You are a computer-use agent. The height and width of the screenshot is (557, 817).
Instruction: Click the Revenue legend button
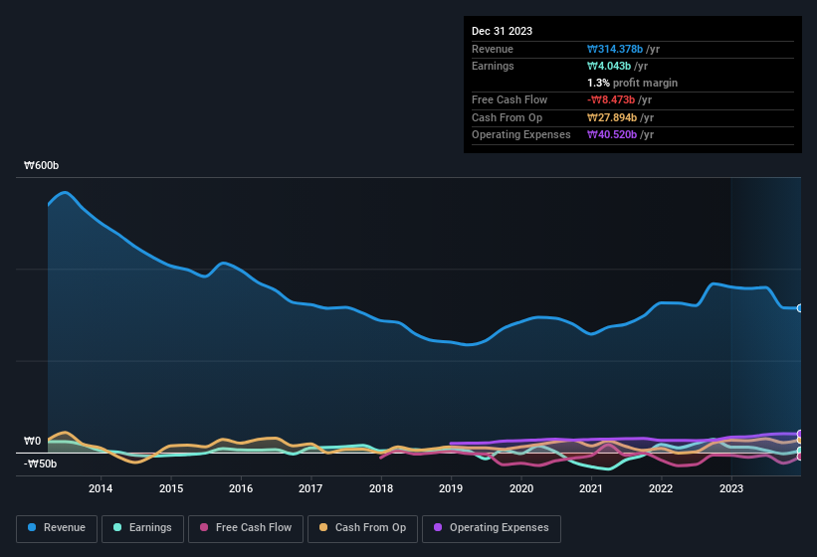click(x=56, y=528)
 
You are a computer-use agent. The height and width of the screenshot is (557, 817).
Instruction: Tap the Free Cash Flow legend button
click(x=246, y=528)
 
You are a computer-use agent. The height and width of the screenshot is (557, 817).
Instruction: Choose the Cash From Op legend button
click(x=362, y=528)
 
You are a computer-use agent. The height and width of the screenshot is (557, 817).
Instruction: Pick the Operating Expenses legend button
click(x=492, y=528)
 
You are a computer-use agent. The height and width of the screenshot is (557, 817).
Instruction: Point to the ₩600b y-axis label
click(x=42, y=166)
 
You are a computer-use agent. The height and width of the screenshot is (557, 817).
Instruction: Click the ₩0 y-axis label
click(x=33, y=442)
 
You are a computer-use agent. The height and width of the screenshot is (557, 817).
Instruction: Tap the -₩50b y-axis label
click(x=41, y=464)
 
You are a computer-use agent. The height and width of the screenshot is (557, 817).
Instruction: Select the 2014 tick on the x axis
click(x=101, y=488)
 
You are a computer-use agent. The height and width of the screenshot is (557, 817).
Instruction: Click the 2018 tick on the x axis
click(x=380, y=488)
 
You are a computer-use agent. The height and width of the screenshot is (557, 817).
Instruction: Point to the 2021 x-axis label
click(x=591, y=488)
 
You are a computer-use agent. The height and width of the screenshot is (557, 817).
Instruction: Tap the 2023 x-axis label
click(x=731, y=488)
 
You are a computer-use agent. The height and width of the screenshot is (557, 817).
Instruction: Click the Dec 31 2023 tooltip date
click(x=502, y=31)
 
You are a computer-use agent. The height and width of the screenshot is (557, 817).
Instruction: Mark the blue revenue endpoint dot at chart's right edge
click(x=800, y=308)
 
